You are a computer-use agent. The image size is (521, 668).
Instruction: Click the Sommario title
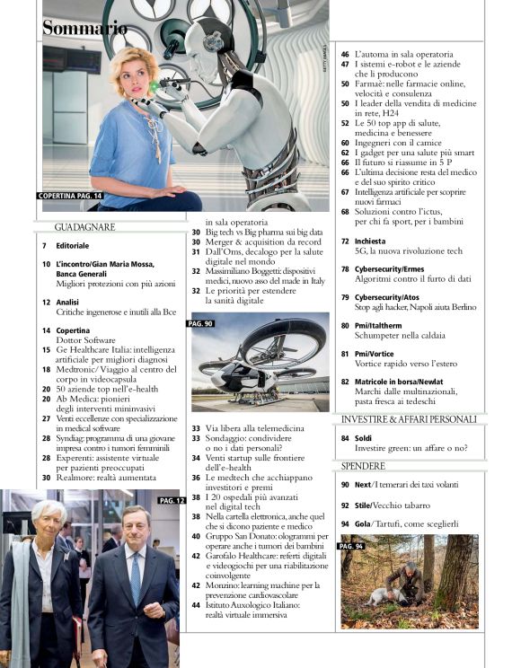point(84,28)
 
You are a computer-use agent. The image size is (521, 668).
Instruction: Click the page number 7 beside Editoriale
point(45,245)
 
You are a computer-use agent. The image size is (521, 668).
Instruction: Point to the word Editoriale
point(72,245)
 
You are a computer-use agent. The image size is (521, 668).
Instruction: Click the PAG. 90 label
point(201,322)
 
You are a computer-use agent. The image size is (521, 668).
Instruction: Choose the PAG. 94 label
point(351,545)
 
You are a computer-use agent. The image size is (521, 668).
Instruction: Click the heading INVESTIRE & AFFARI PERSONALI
point(409,419)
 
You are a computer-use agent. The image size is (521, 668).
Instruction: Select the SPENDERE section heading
point(363,466)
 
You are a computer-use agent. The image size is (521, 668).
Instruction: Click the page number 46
point(345,55)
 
